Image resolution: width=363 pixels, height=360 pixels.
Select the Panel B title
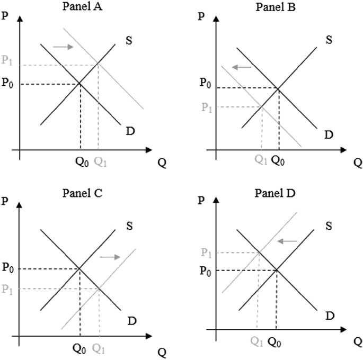click(275, 7)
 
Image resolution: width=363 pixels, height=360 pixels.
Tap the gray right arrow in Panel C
click(110, 256)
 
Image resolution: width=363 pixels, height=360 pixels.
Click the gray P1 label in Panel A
click(7, 60)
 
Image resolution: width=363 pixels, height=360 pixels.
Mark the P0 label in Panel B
click(205, 83)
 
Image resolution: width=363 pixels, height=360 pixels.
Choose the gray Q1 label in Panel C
click(99, 348)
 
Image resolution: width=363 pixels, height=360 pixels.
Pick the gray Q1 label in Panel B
click(261, 159)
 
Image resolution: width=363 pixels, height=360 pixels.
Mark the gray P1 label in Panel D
click(208, 253)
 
